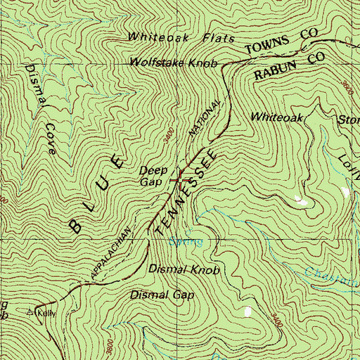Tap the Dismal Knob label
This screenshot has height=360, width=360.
(x=185, y=269)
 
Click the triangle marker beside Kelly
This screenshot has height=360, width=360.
(x=30, y=311)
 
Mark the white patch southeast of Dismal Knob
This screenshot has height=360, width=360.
(x=247, y=311)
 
